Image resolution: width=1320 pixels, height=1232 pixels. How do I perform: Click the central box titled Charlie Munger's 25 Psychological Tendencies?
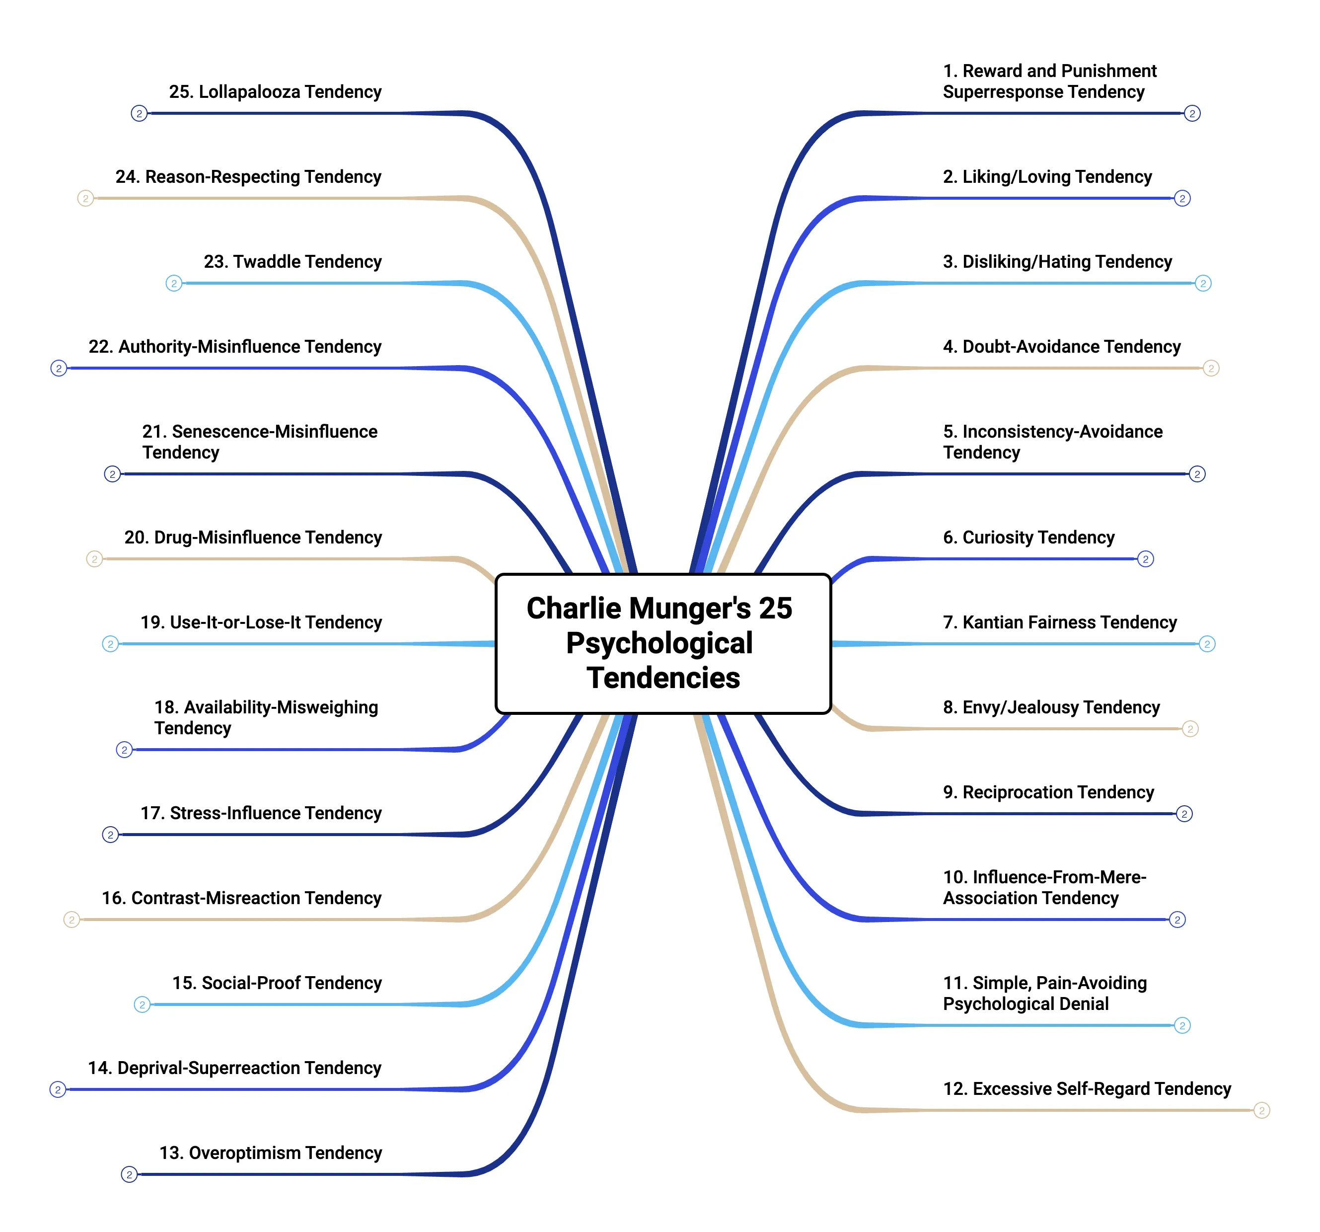coord(662,643)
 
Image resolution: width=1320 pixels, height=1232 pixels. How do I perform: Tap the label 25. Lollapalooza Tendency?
coord(275,91)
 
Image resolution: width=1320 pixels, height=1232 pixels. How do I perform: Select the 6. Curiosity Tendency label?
coord(1028,538)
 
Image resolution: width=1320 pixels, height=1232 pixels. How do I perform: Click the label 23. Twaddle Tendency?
coord(293,262)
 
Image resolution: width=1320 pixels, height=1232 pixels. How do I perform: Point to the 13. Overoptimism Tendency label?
coord(270,1153)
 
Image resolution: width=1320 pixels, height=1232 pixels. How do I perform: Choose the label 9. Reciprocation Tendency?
coord(1048,792)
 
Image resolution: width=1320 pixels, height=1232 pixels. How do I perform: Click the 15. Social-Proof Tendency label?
coord(277,983)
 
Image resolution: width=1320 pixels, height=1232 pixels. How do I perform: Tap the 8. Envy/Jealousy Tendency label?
coord(1051,707)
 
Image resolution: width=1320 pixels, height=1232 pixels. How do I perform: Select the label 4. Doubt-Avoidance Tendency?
coord(1062,347)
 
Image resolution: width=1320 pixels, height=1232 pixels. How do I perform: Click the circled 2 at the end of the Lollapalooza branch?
coord(139,114)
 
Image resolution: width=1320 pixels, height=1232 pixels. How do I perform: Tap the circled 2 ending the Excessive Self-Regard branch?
coord(1261,1110)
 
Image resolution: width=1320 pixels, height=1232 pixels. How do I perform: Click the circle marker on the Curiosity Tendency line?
coord(1145,559)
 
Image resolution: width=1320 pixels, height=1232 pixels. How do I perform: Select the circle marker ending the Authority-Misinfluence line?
coord(59,369)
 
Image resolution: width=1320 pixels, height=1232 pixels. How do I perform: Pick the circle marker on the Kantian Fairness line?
coord(1207,644)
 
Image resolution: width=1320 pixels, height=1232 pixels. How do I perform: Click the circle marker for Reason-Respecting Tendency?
coord(85,199)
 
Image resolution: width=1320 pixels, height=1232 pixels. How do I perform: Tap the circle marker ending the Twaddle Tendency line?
coord(174,284)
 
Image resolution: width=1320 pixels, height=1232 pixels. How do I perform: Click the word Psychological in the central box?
coord(660,643)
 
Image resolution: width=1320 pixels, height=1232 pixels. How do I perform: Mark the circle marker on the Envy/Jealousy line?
coord(1190,729)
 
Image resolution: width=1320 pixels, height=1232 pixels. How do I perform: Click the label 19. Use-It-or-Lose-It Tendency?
coord(261,622)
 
